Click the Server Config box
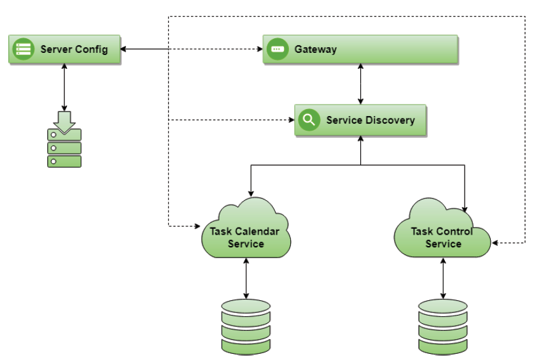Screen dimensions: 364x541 pyautogui.click(x=64, y=50)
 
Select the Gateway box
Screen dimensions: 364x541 pyautogui.click(x=361, y=50)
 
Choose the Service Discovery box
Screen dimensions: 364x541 pyautogui.click(x=360, y=120)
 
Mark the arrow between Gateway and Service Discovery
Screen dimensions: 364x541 pyautogui.click(x=361, y=84)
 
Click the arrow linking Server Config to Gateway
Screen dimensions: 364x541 pyautogui.click(x=191, y=49)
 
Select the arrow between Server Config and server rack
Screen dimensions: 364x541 pyautogui.click(x=64, y=89)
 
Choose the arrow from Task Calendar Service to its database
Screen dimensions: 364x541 pyautogui.click(x=246, y=279)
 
